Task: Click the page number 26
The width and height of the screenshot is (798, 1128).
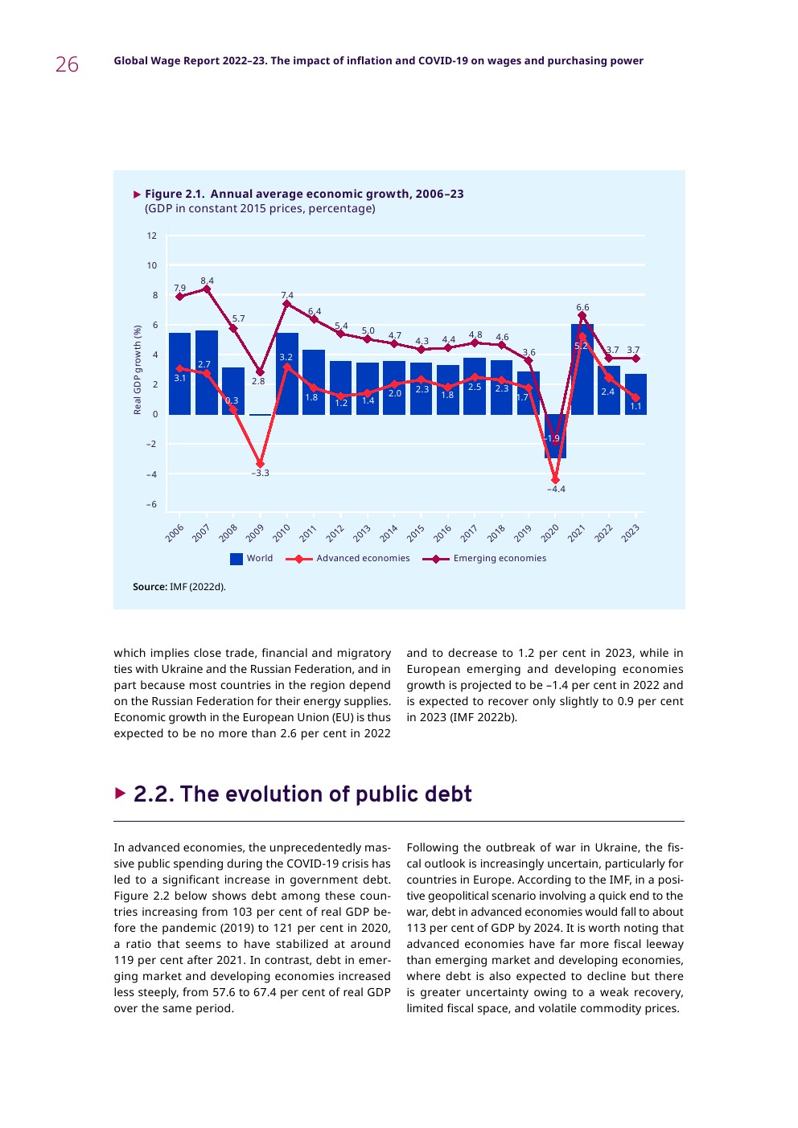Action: coord(67,64)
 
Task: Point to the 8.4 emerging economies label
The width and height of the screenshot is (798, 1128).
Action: coord(208,281)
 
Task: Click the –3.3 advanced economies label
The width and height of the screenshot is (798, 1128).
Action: coord(260,474)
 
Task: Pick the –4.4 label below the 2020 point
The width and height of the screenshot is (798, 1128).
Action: coord(556,489)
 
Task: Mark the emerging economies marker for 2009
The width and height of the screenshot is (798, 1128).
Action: coord(260,372)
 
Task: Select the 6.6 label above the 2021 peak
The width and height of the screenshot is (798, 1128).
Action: coord(582,307)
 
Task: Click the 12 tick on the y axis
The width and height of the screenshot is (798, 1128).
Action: coord(152,236)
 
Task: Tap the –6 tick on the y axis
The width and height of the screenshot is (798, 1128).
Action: coord(151,504)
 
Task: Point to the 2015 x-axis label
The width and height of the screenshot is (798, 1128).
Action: coord(415,533)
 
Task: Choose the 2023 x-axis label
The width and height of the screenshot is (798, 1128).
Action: coord(630,533)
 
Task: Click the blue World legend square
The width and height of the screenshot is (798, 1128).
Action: coord(237,559)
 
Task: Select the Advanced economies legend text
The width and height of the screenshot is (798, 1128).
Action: coord(363,558)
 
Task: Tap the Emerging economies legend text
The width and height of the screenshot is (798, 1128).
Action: coord(500,558)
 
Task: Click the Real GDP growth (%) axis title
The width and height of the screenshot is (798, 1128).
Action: coord(138,370)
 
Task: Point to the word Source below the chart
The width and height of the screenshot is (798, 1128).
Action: coord(150,587)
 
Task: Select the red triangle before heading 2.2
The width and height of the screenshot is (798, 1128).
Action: coord(121,794)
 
